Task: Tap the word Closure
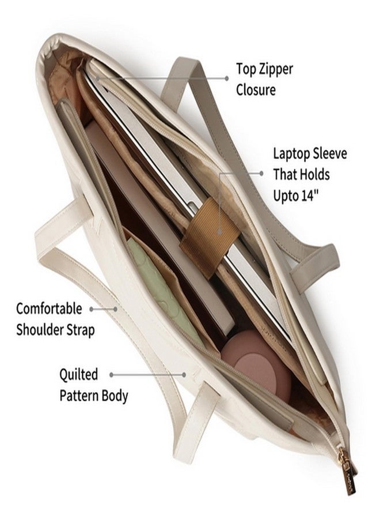click(x=256, y=90)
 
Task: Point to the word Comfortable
click(x=49, y=309)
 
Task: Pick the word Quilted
click(x=79, y=374)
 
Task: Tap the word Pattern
click(x=79, y=396)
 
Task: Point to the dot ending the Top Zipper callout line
click(x=227, y=78)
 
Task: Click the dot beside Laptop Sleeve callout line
click(x=261, y=173)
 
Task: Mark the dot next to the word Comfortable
click(x=92, y=309)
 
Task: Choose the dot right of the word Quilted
click(x=112, y=375)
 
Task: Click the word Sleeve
click(x=330, y=153)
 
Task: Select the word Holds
click(x=314, y=174)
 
